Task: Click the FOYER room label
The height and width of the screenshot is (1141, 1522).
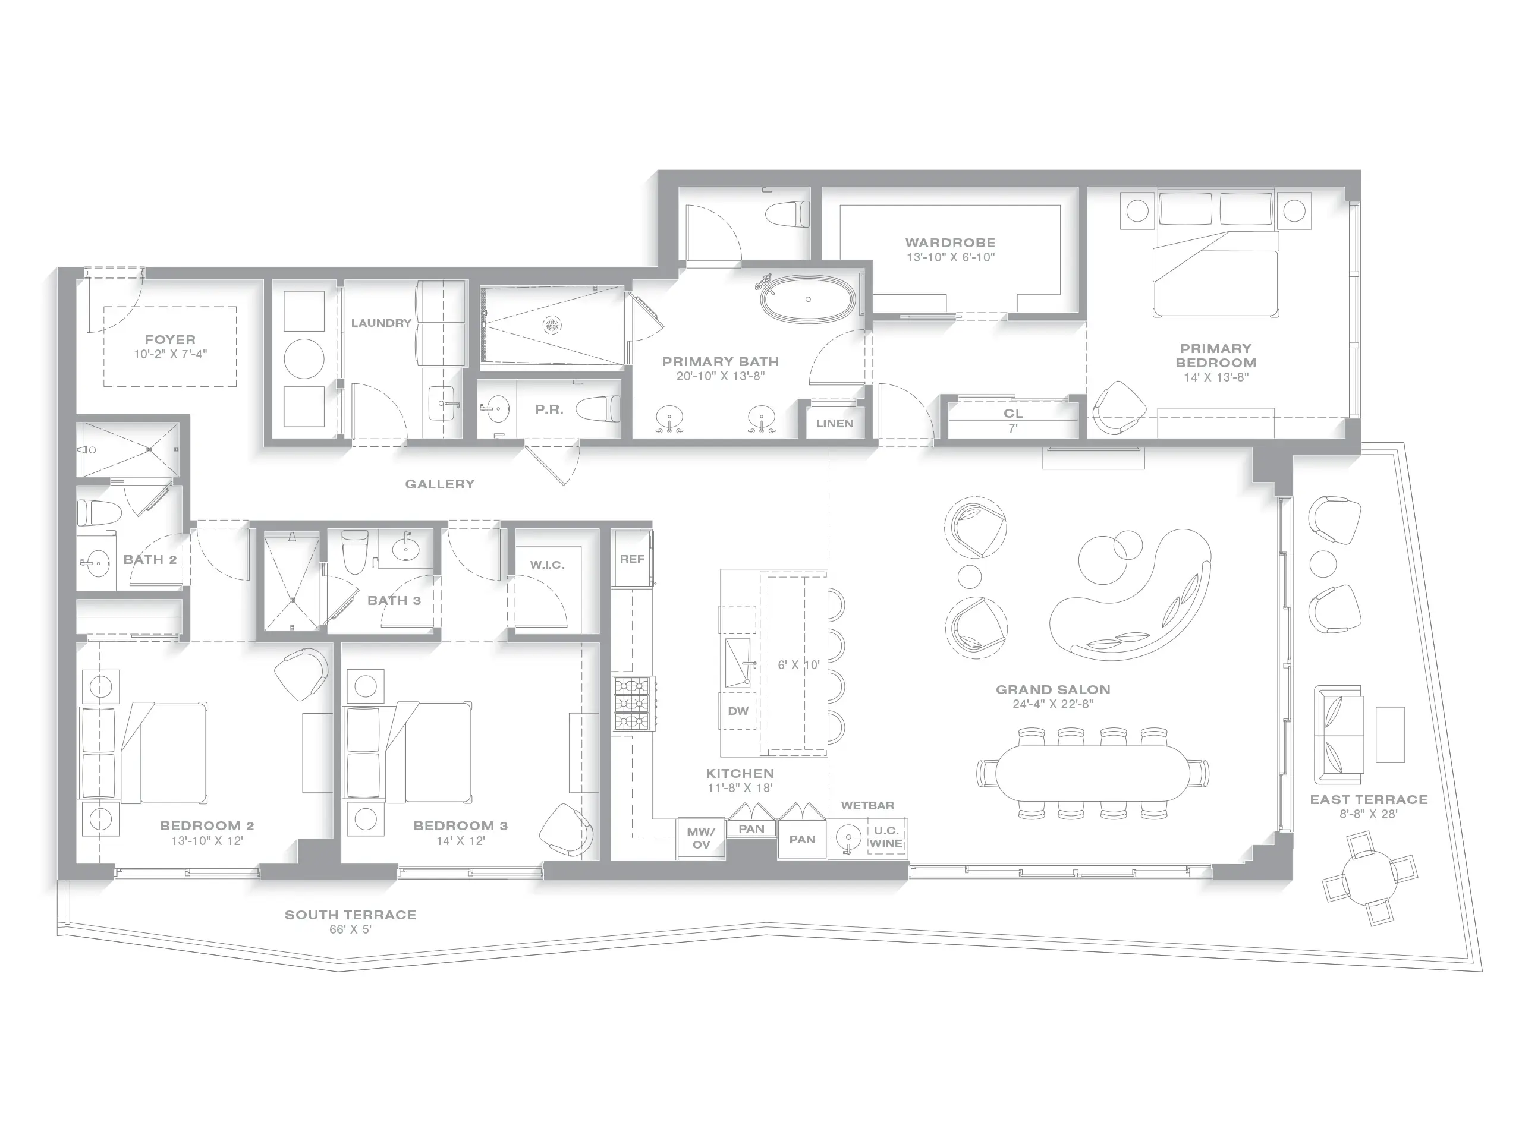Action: coord(170,340)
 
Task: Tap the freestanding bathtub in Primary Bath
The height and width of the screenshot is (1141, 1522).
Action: coord(808,300)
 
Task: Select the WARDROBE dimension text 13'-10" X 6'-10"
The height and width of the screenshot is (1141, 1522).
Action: coord(950,258)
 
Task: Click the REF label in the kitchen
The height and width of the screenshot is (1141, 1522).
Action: coord(631,559)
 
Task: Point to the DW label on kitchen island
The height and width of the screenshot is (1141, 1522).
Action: coord(738,711)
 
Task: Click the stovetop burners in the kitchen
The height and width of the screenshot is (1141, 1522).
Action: coord(633,704)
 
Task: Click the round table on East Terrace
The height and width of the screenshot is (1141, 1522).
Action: coord(1369,878)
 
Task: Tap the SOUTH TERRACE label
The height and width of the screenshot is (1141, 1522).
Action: coord(350,915)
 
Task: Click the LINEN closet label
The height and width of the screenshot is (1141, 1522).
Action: coord(835,424)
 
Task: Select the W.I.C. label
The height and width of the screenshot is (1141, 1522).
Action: coord(547,565)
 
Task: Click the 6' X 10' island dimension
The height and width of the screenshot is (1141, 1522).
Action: coord(798,665)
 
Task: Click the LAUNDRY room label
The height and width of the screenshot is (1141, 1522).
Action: coord(380,323)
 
